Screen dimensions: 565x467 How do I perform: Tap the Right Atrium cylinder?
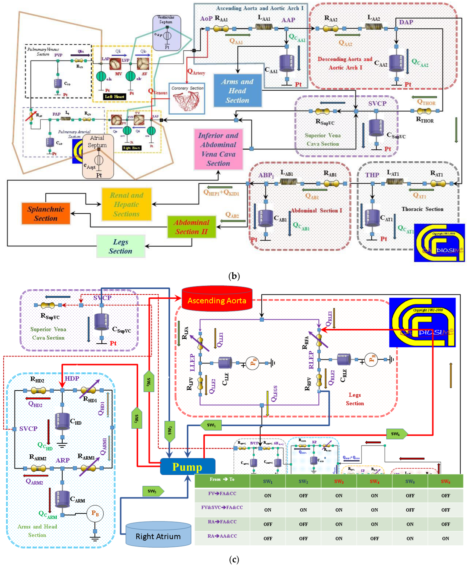158,535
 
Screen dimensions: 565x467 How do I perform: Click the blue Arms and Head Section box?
237,91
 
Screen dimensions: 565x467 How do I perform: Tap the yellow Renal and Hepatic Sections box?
126,204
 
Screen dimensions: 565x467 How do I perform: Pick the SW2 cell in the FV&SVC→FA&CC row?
303,510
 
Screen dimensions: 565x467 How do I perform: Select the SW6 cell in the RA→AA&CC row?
445,538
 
